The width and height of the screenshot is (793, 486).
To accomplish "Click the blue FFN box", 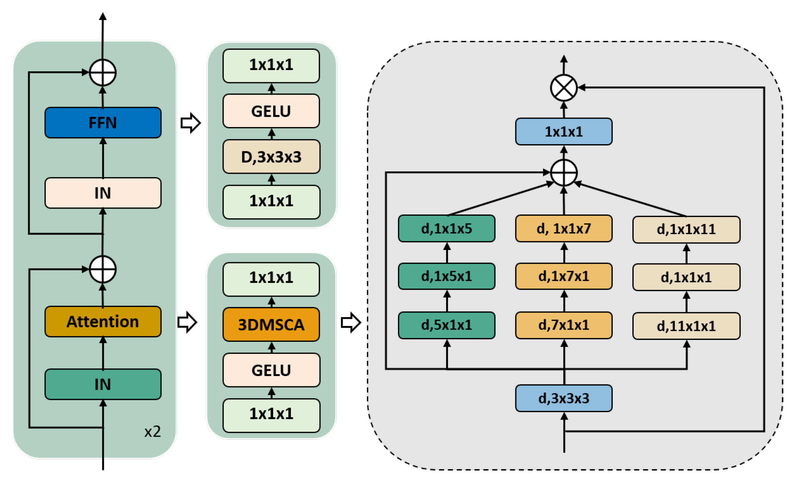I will coord(103,123).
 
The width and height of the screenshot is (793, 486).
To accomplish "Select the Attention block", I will coord(103,322).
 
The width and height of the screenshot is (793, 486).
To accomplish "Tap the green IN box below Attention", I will coord(103,384).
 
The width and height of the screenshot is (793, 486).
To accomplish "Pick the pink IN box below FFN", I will coord(103,193).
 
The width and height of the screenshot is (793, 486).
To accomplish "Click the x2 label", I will coord(152,431).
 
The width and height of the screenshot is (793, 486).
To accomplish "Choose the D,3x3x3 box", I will coord(271,157).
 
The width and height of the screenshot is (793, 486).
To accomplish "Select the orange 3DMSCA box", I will coord(271,324).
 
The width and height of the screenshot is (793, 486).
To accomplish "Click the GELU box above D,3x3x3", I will coord(271,111).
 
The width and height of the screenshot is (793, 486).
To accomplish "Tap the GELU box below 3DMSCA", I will coord(271,370).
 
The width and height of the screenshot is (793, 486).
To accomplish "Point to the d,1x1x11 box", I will coord(686,230).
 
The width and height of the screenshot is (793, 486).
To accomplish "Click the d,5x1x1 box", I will coord(446,325).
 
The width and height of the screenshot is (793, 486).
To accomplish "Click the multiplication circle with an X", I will coord(563,88).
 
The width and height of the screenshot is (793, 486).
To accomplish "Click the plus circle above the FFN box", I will coord(103,73).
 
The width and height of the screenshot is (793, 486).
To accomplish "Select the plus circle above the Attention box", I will coord(103,269).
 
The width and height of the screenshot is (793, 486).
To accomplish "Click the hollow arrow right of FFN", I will coord(191,123).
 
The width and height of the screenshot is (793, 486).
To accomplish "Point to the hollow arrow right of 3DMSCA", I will coord(351,322).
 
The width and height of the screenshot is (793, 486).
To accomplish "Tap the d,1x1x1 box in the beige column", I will coord(686,277).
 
